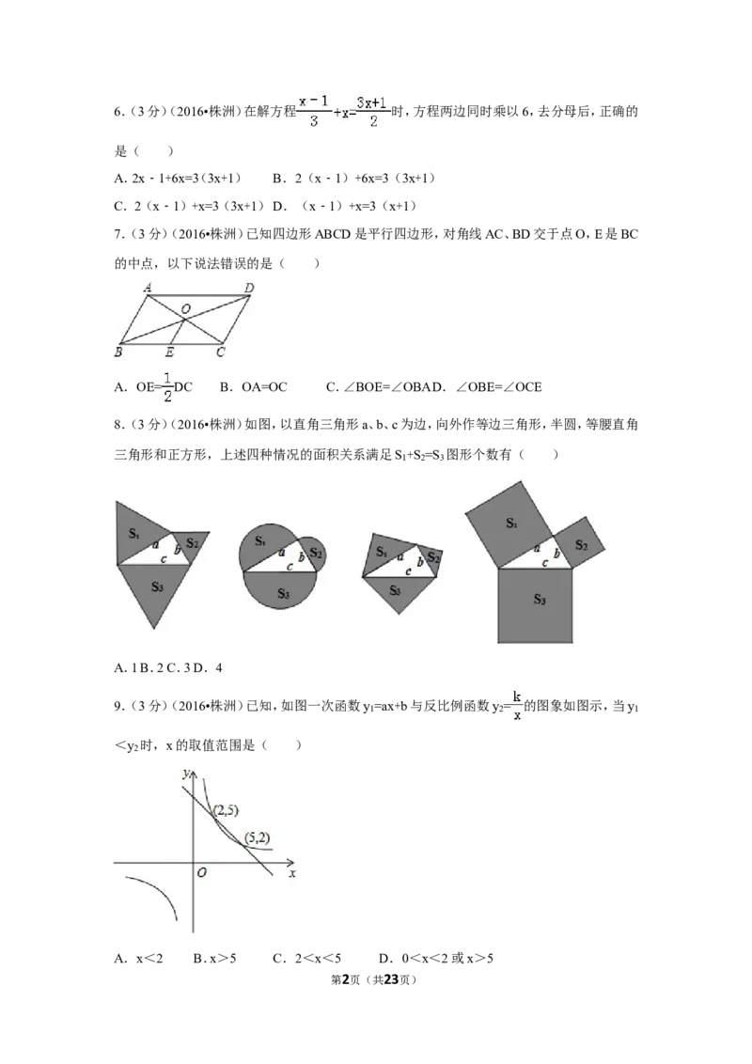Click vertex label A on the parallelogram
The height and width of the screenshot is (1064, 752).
(x=148, y=288)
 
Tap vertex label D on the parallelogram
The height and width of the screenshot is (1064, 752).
(x=249, y=289)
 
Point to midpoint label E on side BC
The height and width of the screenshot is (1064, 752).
(x=169, y=352)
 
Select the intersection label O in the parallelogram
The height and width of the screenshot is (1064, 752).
(x=186, y=308)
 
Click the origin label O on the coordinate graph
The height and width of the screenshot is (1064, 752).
(x=201, y=872)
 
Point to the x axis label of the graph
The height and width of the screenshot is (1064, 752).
(x=292, y=873)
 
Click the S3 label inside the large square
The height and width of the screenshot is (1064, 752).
(x=540, y=599)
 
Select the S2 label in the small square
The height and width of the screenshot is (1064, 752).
(x=581, y=544)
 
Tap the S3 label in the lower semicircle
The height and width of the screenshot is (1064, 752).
(x=283, y=594)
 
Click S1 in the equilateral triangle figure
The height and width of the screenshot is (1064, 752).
(x=134, y=533)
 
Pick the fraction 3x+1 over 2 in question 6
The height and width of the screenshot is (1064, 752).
(x=372, y=111)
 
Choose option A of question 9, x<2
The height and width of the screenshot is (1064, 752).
(x=139, y=958)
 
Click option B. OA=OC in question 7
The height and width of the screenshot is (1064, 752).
(x=254, y=387)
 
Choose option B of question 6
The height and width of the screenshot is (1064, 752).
(x=354, y=179)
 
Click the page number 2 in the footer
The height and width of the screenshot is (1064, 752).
(x=346, y=979)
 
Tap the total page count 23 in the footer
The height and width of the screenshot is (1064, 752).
(x=391, y=979)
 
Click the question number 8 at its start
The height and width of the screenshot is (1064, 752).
(x=119, y=425)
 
